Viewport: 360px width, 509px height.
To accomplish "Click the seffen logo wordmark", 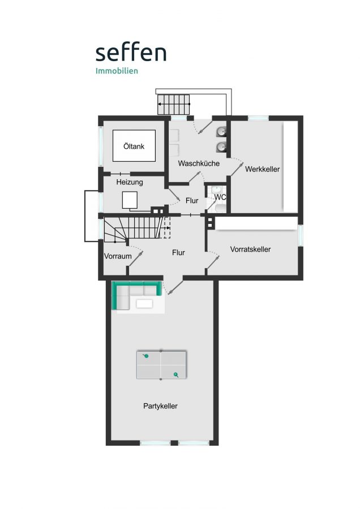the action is [x=131, y=53].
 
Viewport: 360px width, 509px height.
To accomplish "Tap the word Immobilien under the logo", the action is [x=117, y=71].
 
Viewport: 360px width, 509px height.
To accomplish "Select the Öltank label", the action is [x=134, y=146].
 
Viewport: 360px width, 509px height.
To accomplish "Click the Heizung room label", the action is [x=129, y=182].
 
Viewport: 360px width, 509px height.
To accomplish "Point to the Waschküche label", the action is [x=199, y=163].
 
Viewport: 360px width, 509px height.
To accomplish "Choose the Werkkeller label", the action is [x=262, y=169].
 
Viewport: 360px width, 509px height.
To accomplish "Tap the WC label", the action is [x=220, y=197].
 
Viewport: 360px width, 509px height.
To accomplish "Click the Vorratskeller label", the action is [x=250, y=249].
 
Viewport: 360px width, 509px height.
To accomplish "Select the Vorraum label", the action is [x=118, y=256].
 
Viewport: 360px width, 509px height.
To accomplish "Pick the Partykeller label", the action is [x=160, y=406].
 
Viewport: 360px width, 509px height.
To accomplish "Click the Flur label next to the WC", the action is [x=192, y=201].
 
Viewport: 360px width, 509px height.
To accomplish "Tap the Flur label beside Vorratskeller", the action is [x=178, y=252].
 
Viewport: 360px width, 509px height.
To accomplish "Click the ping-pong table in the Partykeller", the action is [x=161, y=365].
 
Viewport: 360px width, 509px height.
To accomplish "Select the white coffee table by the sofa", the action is [x=144, y=304].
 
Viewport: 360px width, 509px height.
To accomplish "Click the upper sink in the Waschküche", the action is [x=221, y=131].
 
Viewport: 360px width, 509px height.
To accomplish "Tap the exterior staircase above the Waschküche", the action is [x=174, y=104].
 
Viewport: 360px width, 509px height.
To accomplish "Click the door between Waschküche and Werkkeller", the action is [x=237, y=167].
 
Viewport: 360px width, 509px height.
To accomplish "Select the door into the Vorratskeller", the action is [x=212, y=260].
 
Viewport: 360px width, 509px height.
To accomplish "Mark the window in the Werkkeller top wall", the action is [x=258, y=118].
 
